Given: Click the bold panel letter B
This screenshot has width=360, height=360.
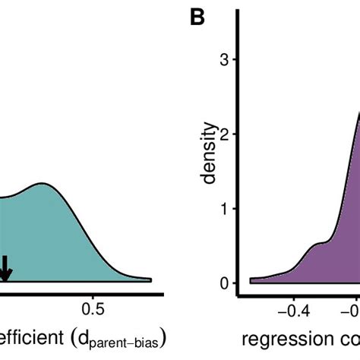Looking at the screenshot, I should tap(197, 17).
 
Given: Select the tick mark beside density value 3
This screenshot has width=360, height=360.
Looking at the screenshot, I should tap(235, 60).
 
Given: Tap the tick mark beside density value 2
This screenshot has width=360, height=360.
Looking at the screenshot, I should tap(235, 134).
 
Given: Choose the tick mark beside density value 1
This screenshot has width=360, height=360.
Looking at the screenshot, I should tap(235, 209).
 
